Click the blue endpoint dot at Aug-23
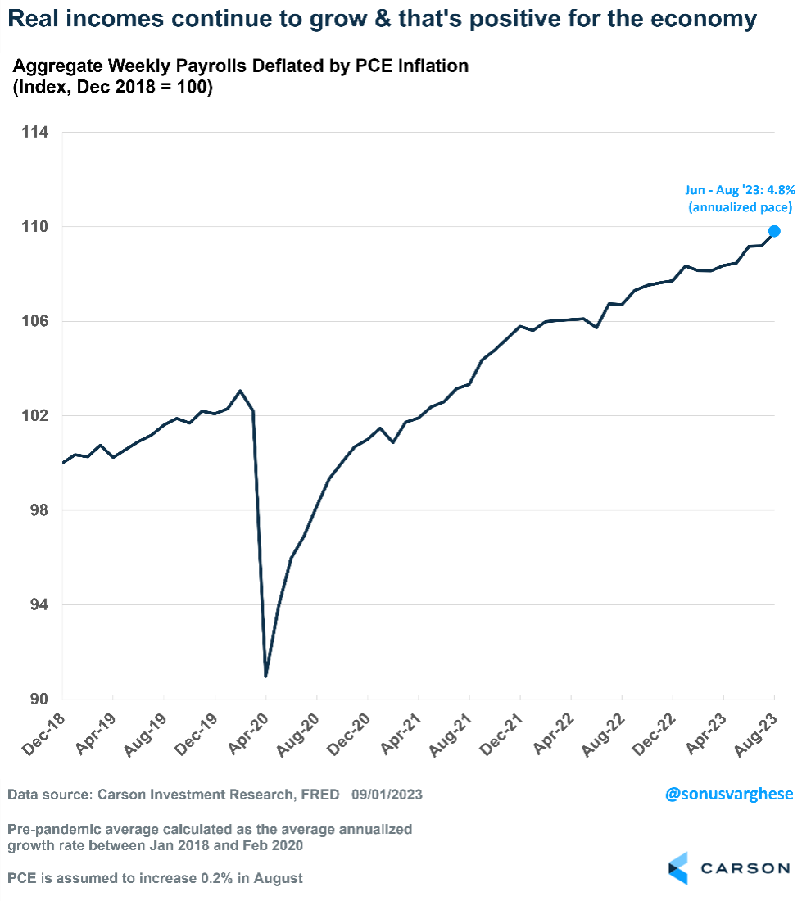pos(774,231)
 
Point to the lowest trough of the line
pos(266,676)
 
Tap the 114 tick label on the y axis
pos(34,132)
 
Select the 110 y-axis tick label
pos(34,227)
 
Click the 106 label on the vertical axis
pos(34,321)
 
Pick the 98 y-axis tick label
pos(38,510)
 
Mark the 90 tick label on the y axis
pos(38,700)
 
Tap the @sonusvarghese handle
pos(727,795)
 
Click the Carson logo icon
pos(679,867)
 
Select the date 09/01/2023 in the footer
pos(387,795)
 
